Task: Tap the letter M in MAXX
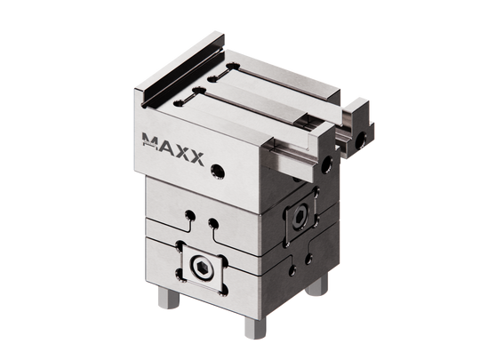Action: [151, 139]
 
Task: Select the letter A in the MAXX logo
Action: [166, 146]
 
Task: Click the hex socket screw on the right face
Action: [299, 216]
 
